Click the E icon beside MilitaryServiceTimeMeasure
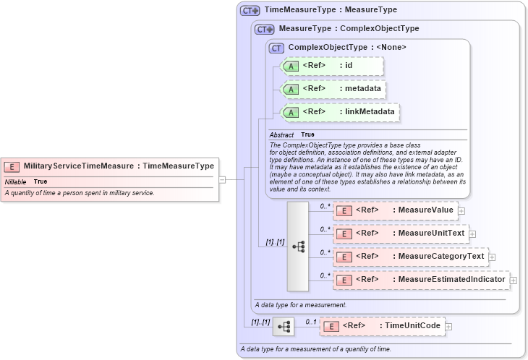pos(13,166)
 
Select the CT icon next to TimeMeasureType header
pos(250,11)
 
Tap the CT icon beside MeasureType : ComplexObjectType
pos(265,29)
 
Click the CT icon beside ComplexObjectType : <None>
pos(276,48)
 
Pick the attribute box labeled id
pos(331,66)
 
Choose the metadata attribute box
pos(333,89)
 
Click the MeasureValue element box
pos(395,210)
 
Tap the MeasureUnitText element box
pos(400,233)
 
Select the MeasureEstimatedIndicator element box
pos(420,280)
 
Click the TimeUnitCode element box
pos(382,326)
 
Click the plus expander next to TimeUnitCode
pos(448,327)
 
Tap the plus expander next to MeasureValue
pos(461,211)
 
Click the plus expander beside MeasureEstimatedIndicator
pos(514,280)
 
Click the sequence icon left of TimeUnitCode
pos(284,327)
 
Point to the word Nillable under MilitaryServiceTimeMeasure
pos(16,181)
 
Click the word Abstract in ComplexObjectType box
pos(281,134)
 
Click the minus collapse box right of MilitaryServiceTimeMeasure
pos(222,179)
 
